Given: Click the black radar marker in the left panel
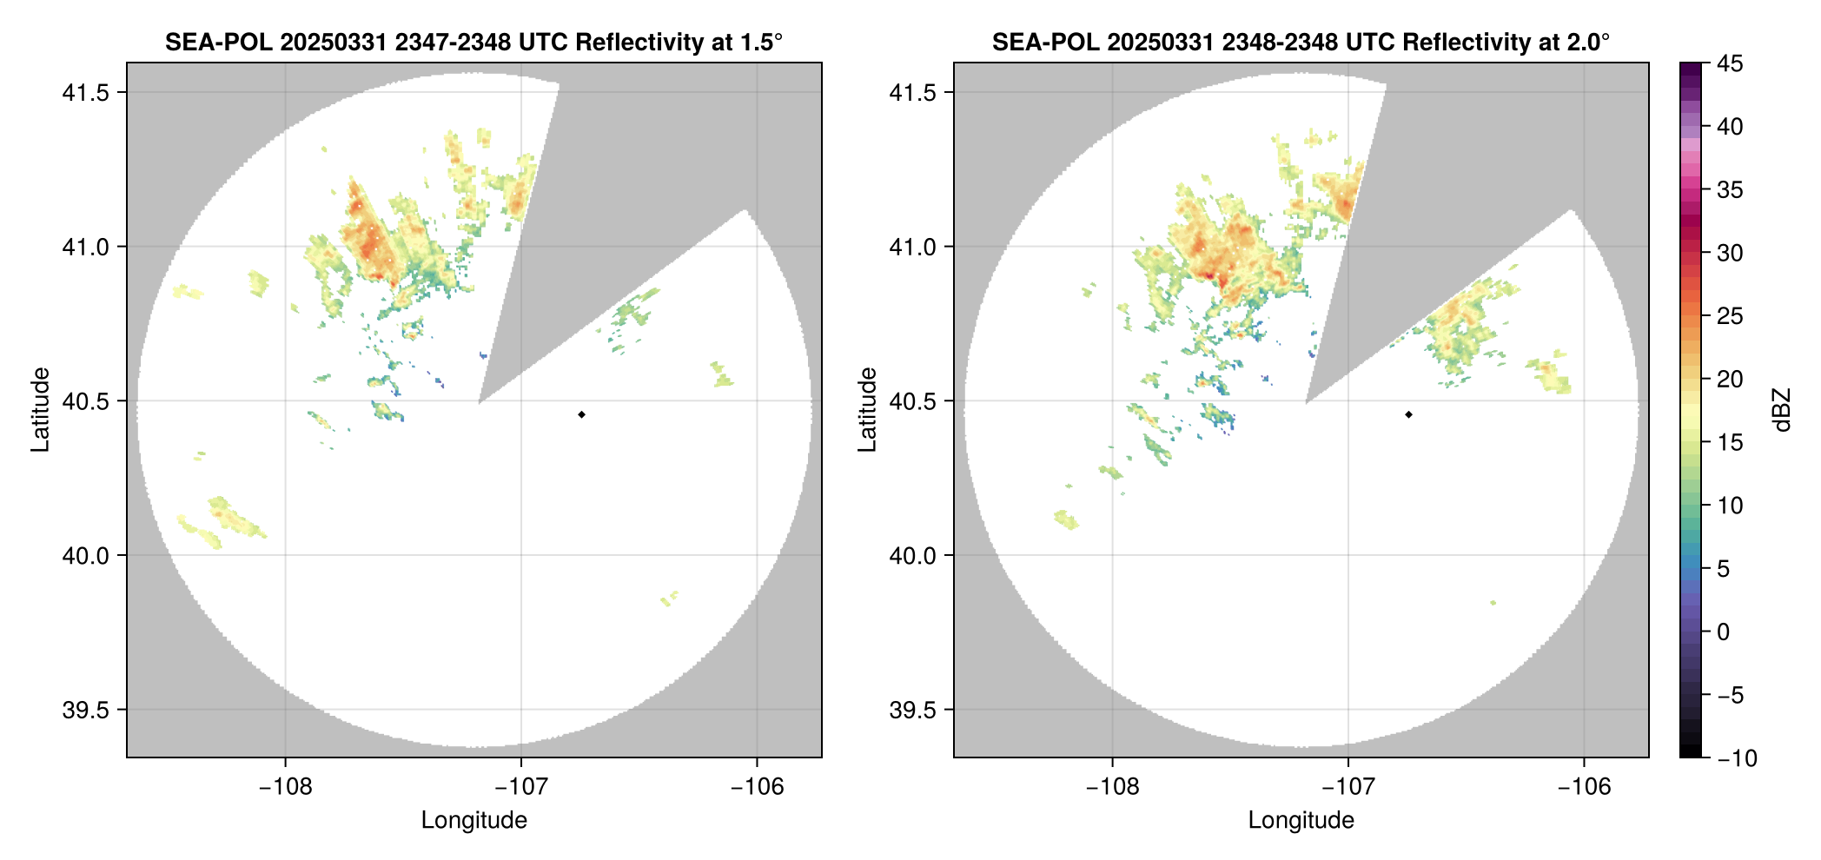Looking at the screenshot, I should [581, 414].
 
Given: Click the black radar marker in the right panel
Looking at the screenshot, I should [1408, 414].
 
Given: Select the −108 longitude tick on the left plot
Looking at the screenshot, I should [285, 787].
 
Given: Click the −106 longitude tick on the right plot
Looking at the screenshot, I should [1584, 787].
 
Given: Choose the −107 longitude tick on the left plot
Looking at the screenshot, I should [521, 787].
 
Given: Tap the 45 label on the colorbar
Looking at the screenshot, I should [1730, 63].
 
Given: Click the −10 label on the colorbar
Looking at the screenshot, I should [1737, 758].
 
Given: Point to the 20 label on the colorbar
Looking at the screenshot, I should [1730, 380].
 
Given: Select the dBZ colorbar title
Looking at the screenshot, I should [1783, 410].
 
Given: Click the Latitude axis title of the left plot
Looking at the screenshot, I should [40, 409].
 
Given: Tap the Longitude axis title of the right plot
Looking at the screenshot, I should [1301, 820].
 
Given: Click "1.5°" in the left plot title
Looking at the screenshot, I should [762, 42].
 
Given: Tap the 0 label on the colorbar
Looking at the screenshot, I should [1724, 632].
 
